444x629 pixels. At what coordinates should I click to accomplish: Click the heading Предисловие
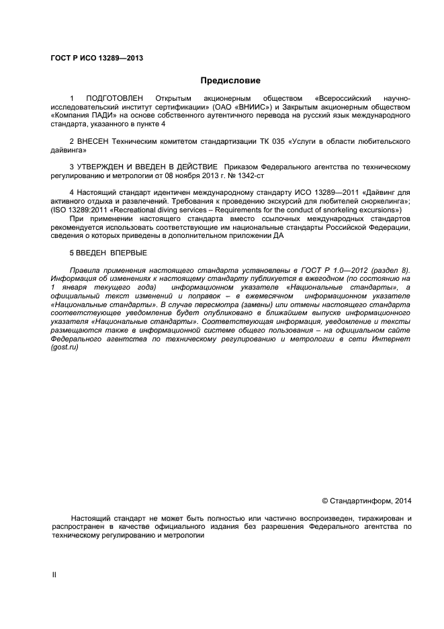[230, 81]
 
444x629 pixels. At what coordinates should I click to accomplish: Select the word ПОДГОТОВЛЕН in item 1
[115, 99]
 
